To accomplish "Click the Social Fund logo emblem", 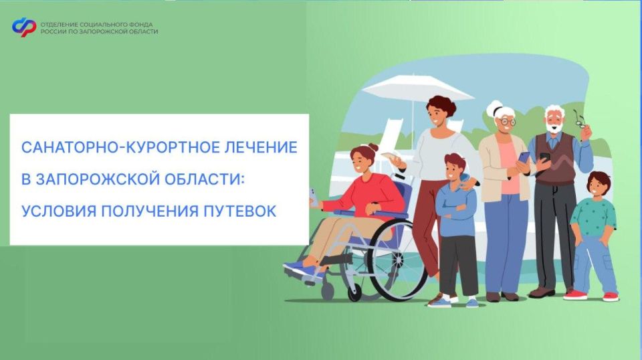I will coord(24,27).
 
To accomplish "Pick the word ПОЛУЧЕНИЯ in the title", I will coord(154,211).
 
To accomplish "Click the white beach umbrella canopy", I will coord(408,88).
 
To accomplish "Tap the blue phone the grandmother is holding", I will coord(523,157).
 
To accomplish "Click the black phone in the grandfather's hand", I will coord(544,158).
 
